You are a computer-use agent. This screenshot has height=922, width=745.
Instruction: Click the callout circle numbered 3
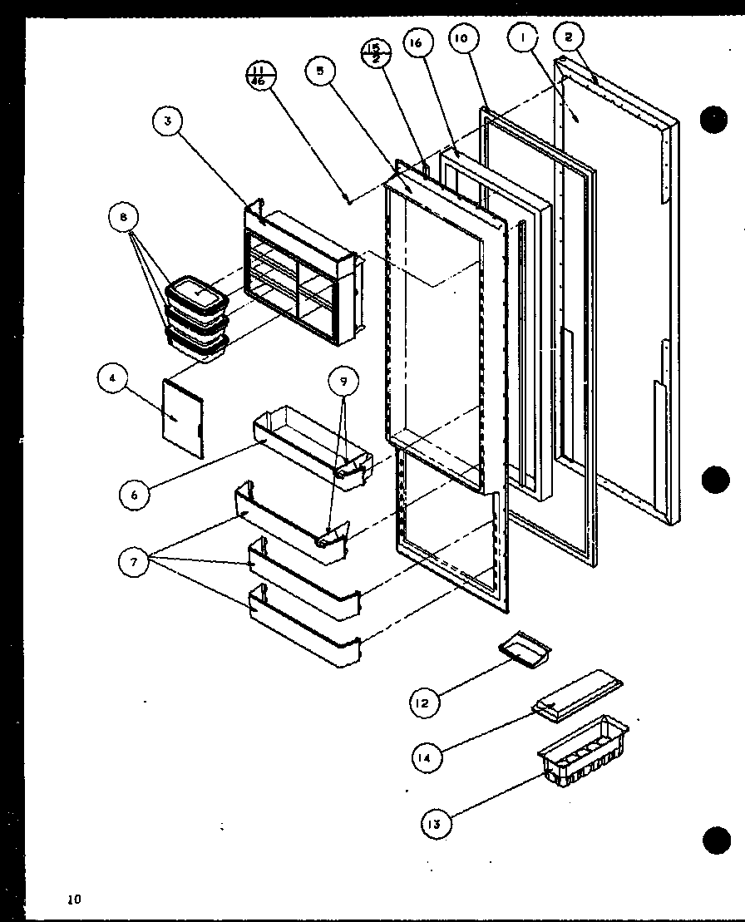(x=168, y=121)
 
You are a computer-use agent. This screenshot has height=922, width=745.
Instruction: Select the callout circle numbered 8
(x=123, y=218)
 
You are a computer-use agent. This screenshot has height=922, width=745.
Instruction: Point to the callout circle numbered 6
(x=134, y=493)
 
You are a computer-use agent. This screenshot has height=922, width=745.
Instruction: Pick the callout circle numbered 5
(x=319, y=71)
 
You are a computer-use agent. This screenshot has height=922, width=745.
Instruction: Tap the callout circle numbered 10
(x=463, y=37)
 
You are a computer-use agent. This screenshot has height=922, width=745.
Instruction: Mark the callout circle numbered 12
(x=424, y=704)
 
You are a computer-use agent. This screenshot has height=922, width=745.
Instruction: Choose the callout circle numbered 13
(x=434, y=823)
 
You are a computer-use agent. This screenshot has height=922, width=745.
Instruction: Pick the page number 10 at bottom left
(x=76, y=899)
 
